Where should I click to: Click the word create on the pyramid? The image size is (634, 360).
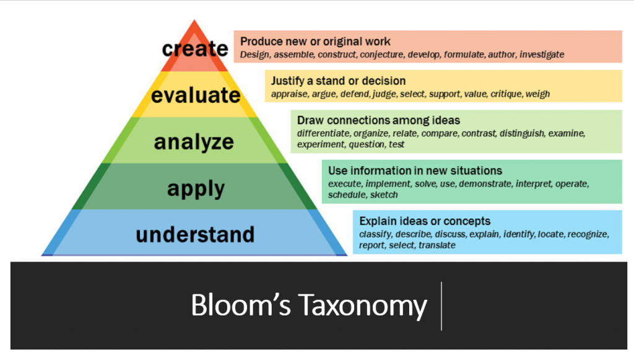click(x=195, y=49)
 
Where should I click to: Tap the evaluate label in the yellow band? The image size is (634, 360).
click(x=196, y=95)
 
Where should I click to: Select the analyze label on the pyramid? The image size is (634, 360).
click(x=194, y=143)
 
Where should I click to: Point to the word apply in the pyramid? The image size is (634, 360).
click(x=196, y=189)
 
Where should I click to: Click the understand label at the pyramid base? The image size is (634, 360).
click(x=195, y=235)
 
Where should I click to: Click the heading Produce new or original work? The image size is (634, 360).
click(x=315, y=42)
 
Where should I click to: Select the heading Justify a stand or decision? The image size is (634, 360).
click(x=338, y=81)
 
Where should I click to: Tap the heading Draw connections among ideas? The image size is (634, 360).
click(x=378, y=120)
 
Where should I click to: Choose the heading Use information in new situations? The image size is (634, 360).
click(x=415, y=170)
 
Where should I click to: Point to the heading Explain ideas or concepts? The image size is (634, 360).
click(x=425, y=221)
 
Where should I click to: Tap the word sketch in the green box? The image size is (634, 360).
click(x=384, y=195)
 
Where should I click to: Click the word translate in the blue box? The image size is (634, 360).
click(x=437, y=245)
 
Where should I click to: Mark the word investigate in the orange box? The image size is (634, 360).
click(x=542, y=55)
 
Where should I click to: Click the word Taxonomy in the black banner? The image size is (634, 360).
click(x=362, y=306)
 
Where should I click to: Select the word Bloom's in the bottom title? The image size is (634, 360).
click(x=241, y=305)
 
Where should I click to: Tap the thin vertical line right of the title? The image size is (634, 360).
click(x=441, y=306)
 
